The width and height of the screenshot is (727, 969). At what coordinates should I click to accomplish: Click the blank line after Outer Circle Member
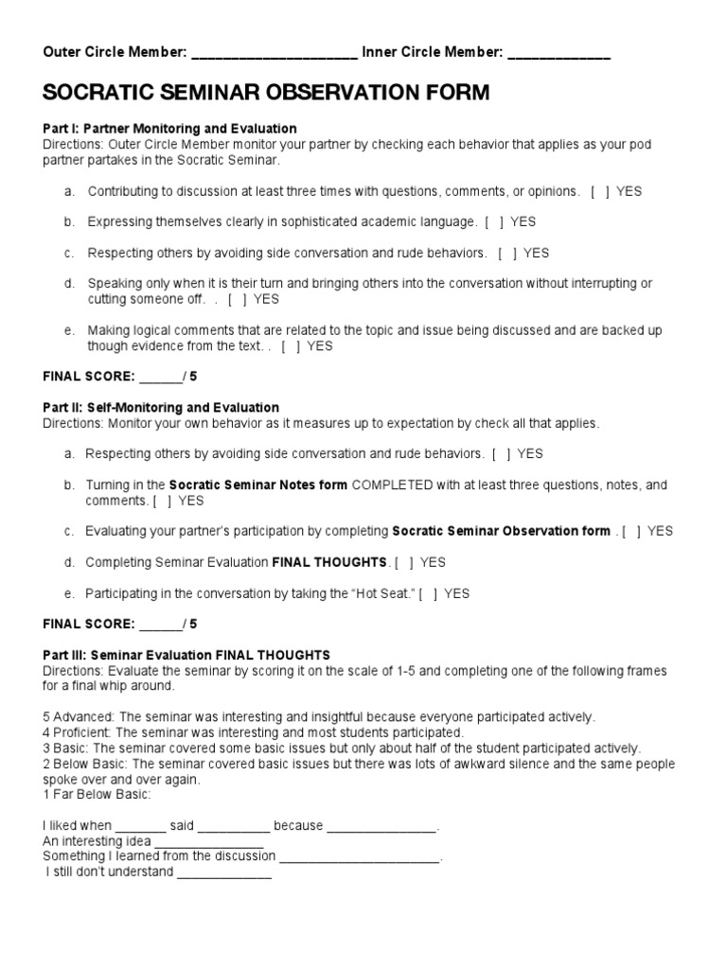click(274, 54)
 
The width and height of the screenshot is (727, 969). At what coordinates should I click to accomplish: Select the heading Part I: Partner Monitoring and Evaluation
click(169, 128)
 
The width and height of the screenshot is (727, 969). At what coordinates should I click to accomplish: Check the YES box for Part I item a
click(599, 191)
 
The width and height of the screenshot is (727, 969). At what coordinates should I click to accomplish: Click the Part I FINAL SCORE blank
click(160, 377)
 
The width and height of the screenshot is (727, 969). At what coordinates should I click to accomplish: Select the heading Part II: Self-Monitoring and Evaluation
click(161, 408)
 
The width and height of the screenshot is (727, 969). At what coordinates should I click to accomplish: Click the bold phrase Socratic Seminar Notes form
click(258, 484)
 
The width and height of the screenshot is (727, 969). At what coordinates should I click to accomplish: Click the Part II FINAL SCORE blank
click(160, 625)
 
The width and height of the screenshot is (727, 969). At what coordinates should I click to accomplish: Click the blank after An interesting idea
click(208, 841)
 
